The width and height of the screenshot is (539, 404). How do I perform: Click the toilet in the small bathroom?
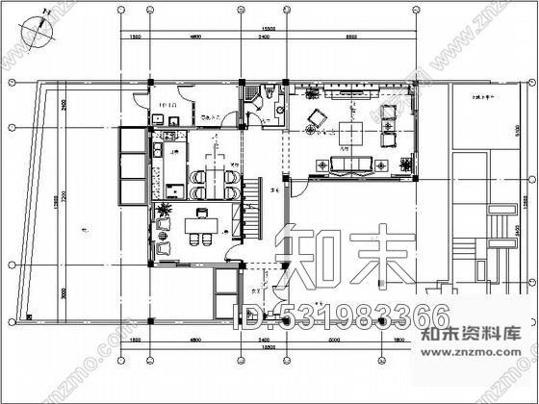click(x=270, y=92)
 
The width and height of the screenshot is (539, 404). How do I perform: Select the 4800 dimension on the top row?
click(x=195, y=38)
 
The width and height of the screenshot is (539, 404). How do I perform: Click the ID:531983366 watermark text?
click(x=342, y=315)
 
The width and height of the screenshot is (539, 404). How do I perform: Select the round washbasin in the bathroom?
click(x=279, y=110)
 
